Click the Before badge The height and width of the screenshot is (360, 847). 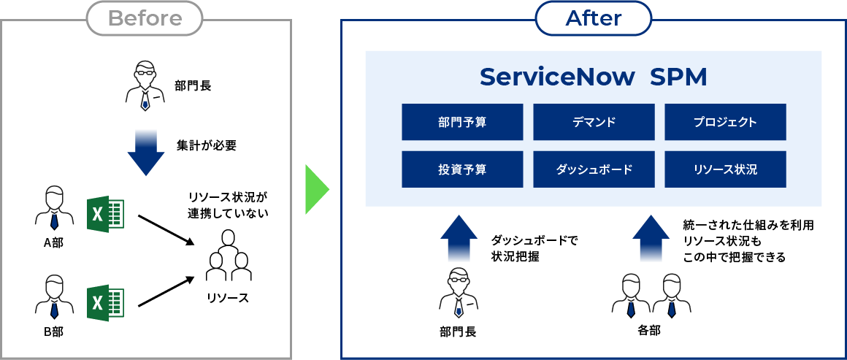pos(145,18)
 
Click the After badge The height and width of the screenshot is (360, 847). pos(594,18)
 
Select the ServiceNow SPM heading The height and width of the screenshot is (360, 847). pos(593,77)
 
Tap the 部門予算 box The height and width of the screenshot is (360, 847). pos(462,122)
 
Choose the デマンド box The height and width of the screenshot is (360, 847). pos(594,122)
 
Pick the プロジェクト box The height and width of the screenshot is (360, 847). pos(726,122)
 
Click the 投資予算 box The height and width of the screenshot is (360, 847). pos(462,169)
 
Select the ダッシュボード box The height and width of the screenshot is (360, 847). pos(594,169)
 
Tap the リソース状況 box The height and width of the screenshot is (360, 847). pos(726,169)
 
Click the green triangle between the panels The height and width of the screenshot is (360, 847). pos(317,189)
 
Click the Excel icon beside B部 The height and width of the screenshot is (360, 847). pos(106,302)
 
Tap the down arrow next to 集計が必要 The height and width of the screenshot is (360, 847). pos(146,153)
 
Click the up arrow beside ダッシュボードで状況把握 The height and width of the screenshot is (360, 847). pos(459,238)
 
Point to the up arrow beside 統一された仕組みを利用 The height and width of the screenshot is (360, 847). pos(651,238)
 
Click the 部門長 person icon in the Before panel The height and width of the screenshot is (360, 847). pos(145,85)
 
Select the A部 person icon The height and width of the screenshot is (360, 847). pos(54,209)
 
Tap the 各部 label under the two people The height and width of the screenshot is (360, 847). pos(648,330)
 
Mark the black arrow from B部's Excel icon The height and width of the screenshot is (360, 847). pos(166,292)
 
